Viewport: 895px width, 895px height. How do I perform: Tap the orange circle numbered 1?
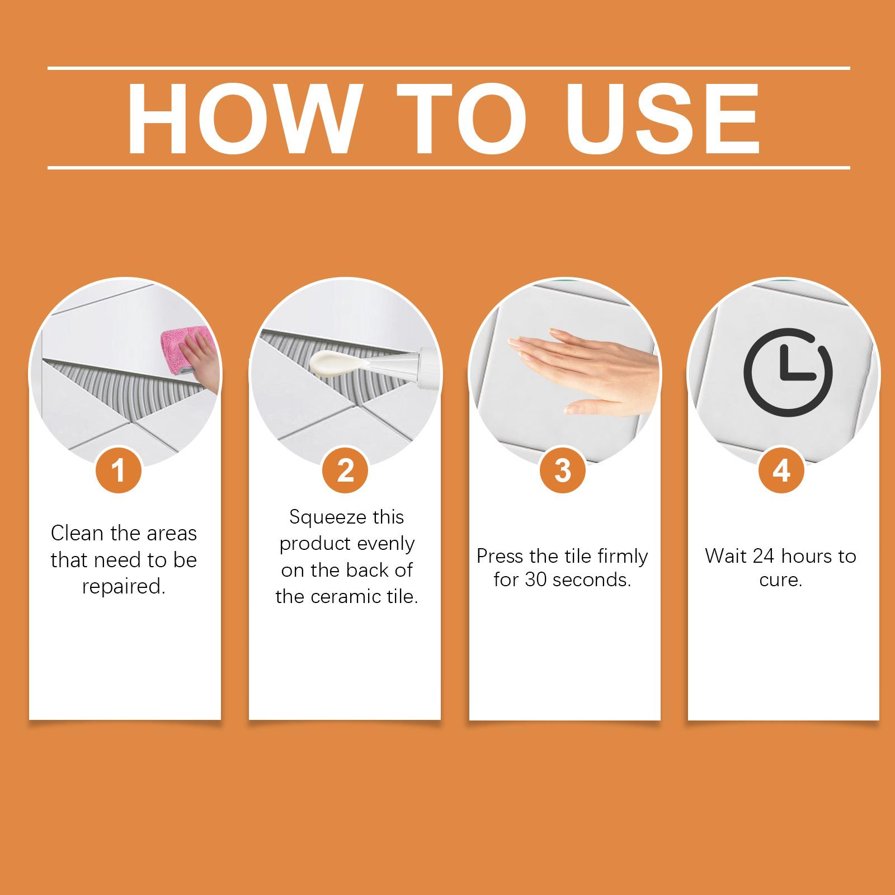[x=119, y=470]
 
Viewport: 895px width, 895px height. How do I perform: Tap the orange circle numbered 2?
[x=346, y=470]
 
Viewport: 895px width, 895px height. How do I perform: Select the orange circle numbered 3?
[x=563, y=470]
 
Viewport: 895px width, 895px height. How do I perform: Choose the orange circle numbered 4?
[x=781, y=470]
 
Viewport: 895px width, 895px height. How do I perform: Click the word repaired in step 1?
[x=124, y=587]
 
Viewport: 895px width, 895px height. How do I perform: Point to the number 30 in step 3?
[x=536, y=580]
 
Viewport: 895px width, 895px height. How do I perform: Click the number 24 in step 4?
[x=764, y=556]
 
